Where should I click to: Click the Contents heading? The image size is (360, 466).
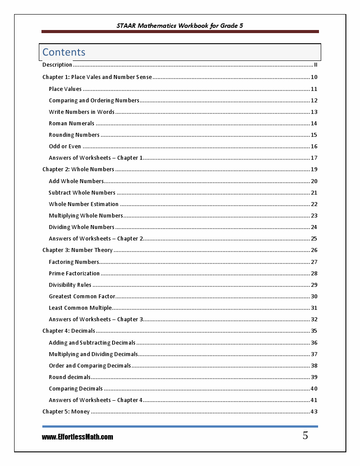(x=64, y=52)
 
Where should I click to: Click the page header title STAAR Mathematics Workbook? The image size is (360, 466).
(x=180, y=26)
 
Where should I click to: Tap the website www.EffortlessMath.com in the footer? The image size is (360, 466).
(x=78, y=437)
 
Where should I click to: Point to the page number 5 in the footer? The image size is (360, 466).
(x=305, y=436)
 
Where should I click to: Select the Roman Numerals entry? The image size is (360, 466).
(x=71, y=124)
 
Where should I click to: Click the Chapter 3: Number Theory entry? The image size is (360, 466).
(x=78, y=250)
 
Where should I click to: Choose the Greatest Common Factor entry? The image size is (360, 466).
(x=82, y=297)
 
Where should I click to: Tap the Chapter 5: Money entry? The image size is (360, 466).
(x=66, y=412)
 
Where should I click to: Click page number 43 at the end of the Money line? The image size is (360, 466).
(x=314, y=412)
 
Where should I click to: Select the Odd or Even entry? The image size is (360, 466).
(x=65, y=147)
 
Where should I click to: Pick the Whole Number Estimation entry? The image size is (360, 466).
(x=84, y=204)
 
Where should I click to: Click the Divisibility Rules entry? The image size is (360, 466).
(x=70, y=285)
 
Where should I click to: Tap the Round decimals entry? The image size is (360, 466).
(x=70, y=377)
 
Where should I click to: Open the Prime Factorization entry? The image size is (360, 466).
(x=74, y=274)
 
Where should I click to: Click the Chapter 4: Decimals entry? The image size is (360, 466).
(x=69, y=331)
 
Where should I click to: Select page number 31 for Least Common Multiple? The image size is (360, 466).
(x=314, y=308)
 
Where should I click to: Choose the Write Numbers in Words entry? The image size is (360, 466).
(x=82, y=112)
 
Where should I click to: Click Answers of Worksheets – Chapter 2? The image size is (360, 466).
(x=96, y=239)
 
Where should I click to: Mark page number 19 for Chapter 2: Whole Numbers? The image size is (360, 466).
(x=314, y=169)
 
